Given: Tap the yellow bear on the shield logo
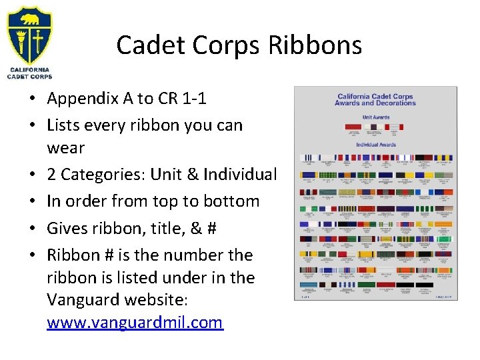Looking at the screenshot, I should click(30, 19).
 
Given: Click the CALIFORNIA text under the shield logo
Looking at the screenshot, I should click(29, 69).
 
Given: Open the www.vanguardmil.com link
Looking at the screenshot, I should click(135, 323).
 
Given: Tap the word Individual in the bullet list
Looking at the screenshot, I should click(243, 175).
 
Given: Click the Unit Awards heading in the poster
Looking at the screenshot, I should click(376, 117).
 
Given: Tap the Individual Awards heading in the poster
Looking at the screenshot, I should click(376, 144).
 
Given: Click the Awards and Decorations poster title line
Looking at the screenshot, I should click(376, 103).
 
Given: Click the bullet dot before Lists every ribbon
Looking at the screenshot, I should click(32, 125).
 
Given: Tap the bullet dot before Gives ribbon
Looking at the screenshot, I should click(32, 229).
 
